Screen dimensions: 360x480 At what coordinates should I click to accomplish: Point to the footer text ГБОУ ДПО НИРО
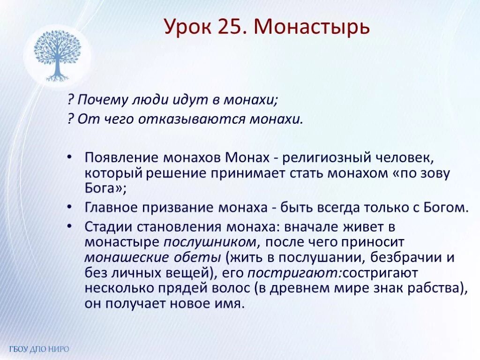pyautogui.click(x=39, y=349)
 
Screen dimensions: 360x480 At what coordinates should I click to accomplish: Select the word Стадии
pyautogui.click(x=108, y=227)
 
